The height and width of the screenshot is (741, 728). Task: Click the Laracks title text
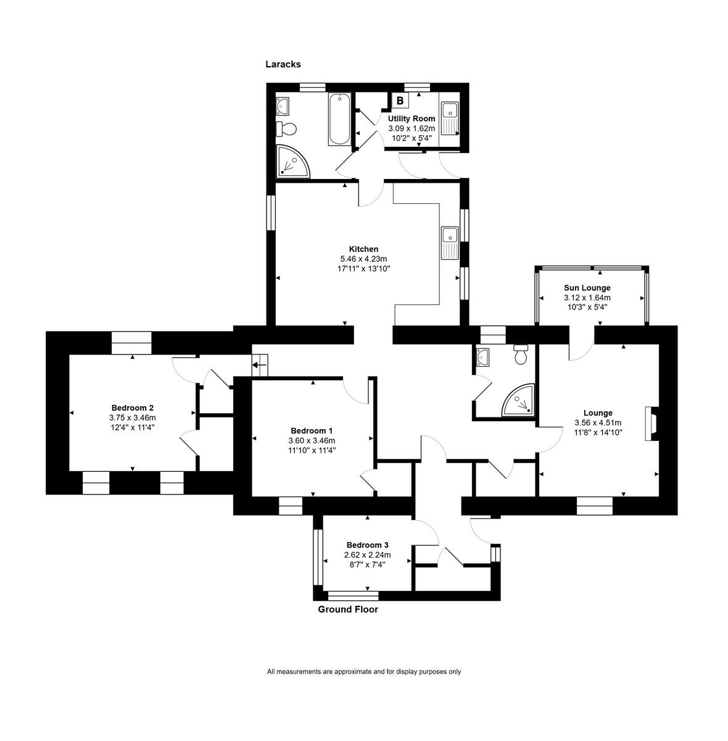[x=283, y=64]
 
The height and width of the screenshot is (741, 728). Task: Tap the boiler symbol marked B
[x=400, y=100]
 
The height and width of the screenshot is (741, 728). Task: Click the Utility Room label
[x=411, y=118]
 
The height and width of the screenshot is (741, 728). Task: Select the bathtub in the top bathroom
[x=339, y=119]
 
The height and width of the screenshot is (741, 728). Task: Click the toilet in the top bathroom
[x=287, y=129]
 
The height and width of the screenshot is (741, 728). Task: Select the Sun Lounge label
[x=587, y=288]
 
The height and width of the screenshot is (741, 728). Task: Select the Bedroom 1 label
[x=312, y=430]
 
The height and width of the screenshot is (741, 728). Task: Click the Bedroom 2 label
[x=132, y=408]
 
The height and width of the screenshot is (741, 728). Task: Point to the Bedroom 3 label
[x=367, y=545]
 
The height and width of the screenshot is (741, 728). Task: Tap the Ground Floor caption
[x=347, y=609]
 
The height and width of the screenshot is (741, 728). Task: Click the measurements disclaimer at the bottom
[x=363, y=672]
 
